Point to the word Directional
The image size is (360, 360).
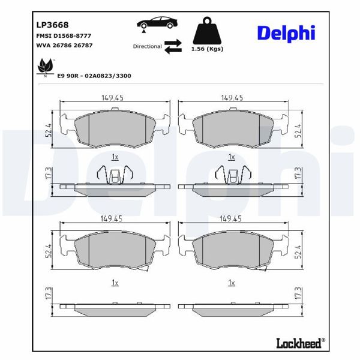[148, 46]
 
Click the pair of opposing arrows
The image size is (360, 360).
[173, 47]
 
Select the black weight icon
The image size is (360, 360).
[205, 31]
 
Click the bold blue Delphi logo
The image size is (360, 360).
[286, 33]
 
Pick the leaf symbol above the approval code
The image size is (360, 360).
[44, 65]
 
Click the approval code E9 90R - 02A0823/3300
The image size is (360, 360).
[94, 77]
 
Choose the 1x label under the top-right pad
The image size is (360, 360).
[232, 157]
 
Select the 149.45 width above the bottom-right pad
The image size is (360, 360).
[232, 220]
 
